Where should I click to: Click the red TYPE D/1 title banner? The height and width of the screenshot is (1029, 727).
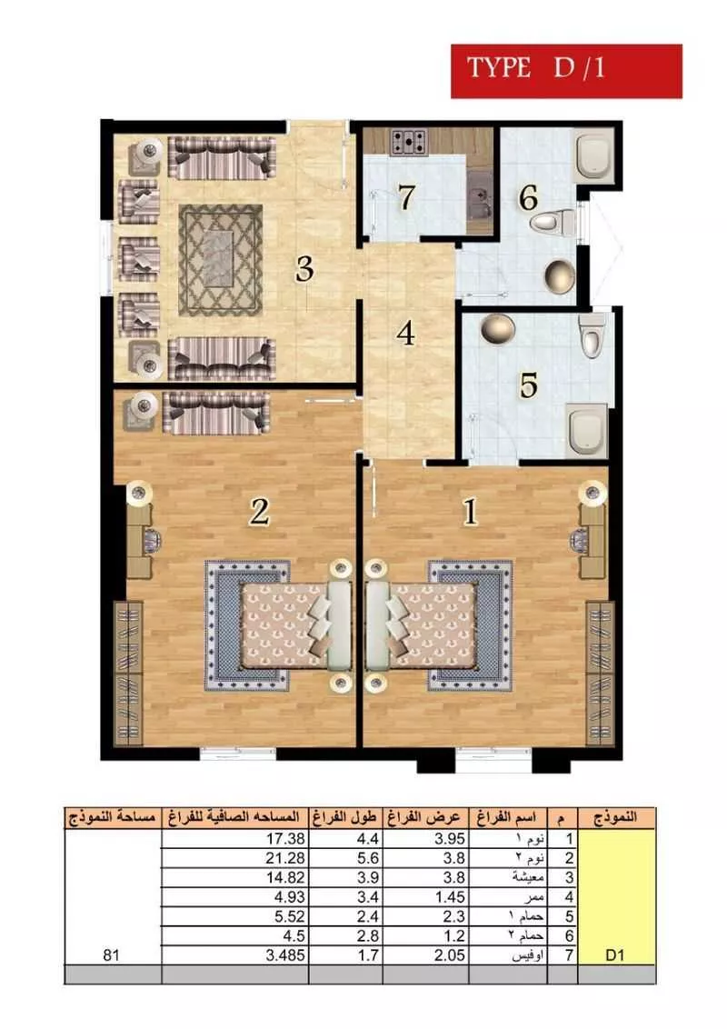(x=566, y=70)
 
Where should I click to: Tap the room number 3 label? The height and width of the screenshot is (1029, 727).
(x=304, y=268)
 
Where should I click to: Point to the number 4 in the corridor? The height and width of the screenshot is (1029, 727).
(x=405, y=334)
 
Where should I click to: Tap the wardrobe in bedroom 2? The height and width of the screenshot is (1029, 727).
(x=128, y=673)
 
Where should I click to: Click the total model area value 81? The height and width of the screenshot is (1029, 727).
(x=112, y=955)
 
